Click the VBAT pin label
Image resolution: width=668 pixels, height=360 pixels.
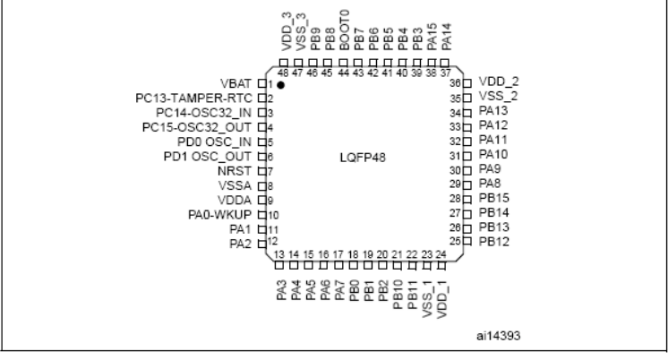(236, 83)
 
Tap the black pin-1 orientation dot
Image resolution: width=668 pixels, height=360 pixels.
(280, 85)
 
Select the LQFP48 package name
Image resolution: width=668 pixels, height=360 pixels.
(363, 158)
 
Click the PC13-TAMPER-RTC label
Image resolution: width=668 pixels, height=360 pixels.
(193, 99)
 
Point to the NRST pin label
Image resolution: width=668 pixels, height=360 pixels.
(235, 171)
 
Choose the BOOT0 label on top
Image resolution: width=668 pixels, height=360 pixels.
(345, 30)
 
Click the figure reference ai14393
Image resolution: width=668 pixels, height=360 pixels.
(499, 336)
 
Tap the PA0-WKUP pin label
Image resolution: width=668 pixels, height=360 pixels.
(219, 215)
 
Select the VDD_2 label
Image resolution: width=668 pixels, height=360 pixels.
(499, 81)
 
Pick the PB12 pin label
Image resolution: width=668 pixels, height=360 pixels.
(494, 242)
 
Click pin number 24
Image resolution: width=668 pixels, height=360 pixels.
(441, 254)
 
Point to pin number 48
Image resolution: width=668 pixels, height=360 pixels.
(283, 73)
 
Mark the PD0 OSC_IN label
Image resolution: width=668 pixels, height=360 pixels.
(214, 141)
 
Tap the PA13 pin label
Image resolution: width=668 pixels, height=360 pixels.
(493, 111)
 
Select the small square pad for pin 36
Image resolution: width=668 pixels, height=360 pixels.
(467, 83)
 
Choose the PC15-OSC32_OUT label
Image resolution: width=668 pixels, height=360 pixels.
(197, 127)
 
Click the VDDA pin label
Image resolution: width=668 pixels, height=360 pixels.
(235, 201)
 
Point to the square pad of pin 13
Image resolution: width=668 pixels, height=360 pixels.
(279, 265)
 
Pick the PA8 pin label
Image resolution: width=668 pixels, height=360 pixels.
(490, 184)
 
